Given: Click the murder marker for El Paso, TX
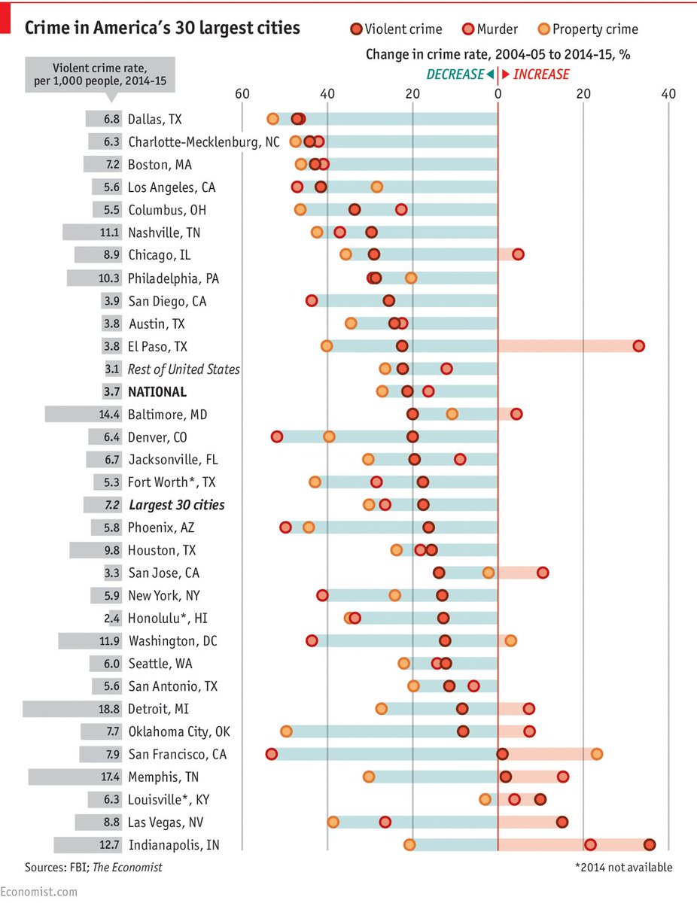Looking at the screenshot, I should (638, 346).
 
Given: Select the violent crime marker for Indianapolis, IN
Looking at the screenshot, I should (650, 845).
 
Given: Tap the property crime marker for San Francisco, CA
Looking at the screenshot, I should (597, 754).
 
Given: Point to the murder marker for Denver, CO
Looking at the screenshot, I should (277, 437).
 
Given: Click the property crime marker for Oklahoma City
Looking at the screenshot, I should (286, 731).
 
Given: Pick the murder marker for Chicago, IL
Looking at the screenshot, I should (518, 255).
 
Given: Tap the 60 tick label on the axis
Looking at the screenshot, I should (242, 94).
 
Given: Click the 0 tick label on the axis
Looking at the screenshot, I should (498, 94).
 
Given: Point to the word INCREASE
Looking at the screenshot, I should (540, 74).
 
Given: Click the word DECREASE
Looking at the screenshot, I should (455, 74).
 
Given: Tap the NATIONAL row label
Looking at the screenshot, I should (157, 392).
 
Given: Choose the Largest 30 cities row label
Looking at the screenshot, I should (176, 505).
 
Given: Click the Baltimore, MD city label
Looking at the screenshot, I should (167, 415).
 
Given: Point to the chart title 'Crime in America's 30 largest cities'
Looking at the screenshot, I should (163, 28).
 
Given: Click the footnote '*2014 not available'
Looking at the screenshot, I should (623, 868).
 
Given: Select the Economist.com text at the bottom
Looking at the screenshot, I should (39, 892).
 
